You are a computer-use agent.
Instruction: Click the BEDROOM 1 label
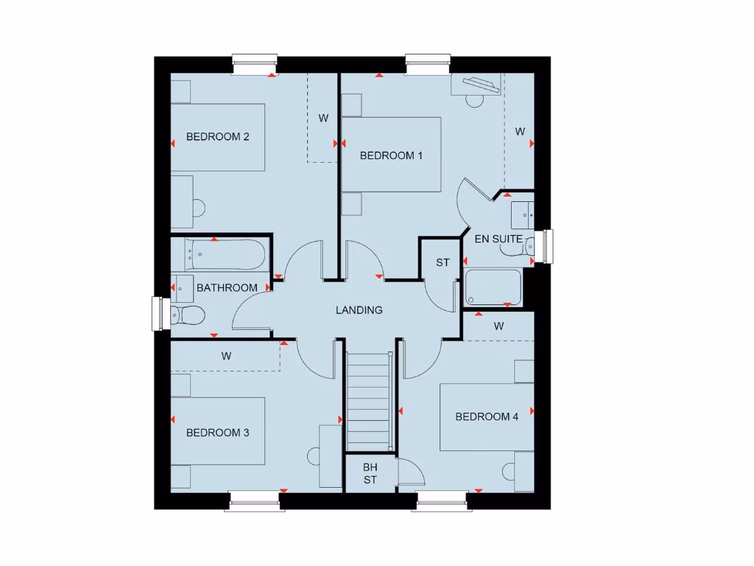391,156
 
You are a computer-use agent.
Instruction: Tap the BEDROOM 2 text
218,136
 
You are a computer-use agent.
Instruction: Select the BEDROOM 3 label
217,433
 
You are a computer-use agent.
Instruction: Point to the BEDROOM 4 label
487,416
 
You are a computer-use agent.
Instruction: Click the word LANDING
359,310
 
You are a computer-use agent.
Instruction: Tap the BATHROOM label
227,287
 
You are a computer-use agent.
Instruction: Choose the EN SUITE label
498,239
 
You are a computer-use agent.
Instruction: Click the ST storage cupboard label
443,262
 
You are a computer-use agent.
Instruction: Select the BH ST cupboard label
370,473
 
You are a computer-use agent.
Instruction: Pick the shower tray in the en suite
493,287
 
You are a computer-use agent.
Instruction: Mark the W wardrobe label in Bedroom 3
226,356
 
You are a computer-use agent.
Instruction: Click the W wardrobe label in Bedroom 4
498,326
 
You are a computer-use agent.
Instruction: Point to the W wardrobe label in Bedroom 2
323,118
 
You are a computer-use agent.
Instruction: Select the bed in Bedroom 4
487,417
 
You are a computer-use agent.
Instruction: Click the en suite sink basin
524,214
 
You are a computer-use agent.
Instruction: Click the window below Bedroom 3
256,501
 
